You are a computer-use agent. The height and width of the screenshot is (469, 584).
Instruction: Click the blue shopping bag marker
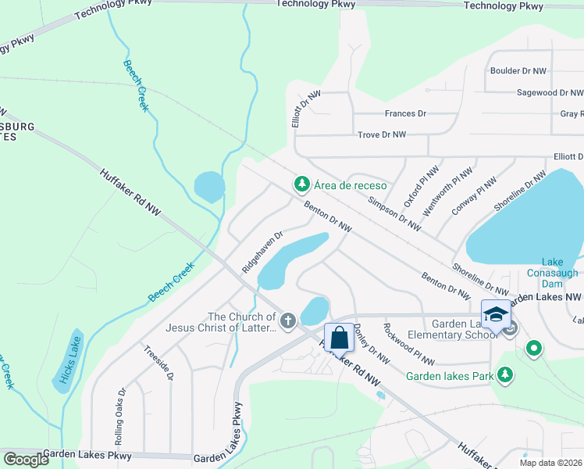pyautogui.click(x=339, y=338)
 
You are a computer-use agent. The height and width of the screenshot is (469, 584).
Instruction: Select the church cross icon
pyautogui.click(x=288, y=320)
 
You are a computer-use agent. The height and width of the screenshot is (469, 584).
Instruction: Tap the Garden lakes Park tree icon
pyautogui.click(x=505, y=376)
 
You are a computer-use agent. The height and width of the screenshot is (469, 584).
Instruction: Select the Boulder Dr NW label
pyautogui.click(x=518, y=70)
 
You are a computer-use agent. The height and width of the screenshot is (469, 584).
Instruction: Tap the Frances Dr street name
pyautogui.click(x=405, y=113)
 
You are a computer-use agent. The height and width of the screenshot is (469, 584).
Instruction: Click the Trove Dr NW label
pyautogui.click(x=382, y=134)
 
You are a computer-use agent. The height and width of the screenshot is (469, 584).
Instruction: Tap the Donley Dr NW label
pyautogui.click(x=371, y=344)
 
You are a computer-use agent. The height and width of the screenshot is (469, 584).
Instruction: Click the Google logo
pyautogui.click(x=27, y=459)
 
